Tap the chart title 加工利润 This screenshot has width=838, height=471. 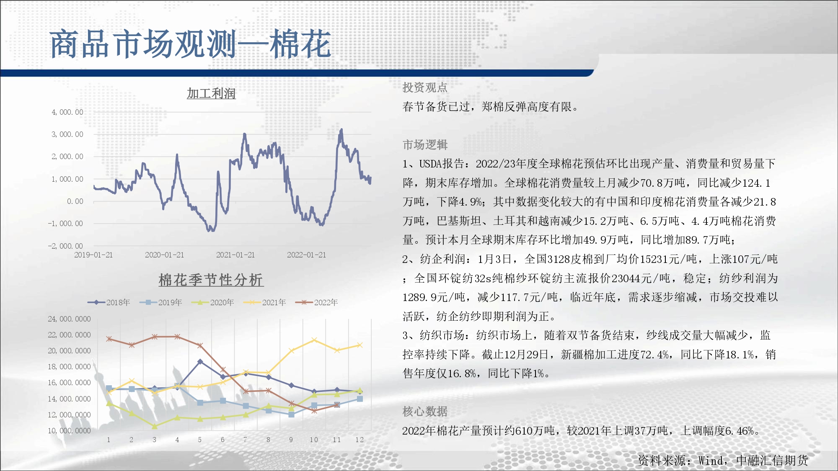(x=211, y=93)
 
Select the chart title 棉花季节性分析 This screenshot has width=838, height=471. (x=211, y=280)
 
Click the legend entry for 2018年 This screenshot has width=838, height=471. (x=109, y=302)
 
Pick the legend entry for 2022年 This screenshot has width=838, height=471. (x=317, y=302)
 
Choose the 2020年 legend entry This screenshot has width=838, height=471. (x=213, y=302)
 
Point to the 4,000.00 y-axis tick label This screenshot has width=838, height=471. (x=67, y=112)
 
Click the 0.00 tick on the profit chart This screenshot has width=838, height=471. (x=75, y=201)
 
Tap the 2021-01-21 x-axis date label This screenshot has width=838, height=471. (x=235, y=255)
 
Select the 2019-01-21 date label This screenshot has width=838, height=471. (x=93, y=255)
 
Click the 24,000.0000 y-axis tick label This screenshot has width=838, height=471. (x=69, y=319)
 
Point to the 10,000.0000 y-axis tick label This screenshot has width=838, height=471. (x=69, y=431)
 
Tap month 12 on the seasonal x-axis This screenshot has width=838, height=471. (x=360, y=440)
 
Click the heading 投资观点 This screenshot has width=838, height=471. (x=425, y=88)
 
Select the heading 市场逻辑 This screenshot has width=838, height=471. (x=425, y=145)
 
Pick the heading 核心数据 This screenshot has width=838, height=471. (x=425, y=412)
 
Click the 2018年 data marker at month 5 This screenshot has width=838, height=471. (x=200, y=361)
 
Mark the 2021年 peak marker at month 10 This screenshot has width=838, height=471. (x=314, y=340)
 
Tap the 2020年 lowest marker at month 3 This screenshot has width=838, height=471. (x=155, y=426)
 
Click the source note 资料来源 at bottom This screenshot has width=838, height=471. (x=723, y=461)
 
